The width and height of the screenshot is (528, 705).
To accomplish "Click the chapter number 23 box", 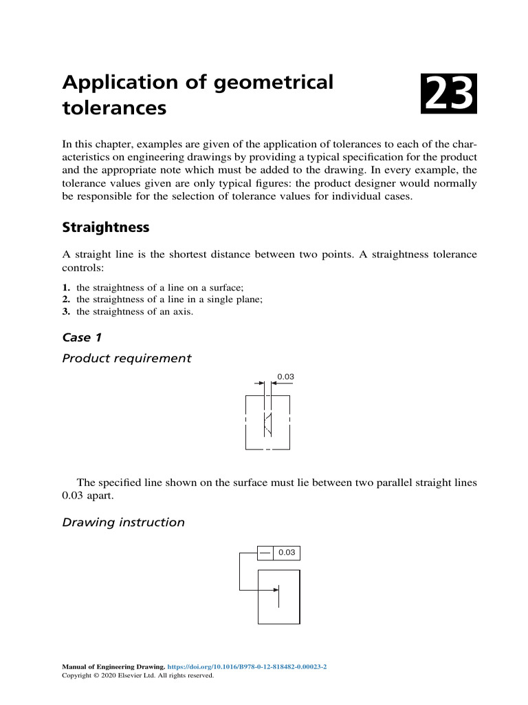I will point(449,95).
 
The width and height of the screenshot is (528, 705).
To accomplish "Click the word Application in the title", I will point(118,83).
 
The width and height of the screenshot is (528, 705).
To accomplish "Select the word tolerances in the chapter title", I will point(114,108).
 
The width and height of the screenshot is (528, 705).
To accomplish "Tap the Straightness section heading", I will point(105,227).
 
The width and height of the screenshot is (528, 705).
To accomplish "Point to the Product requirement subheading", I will point(126,358).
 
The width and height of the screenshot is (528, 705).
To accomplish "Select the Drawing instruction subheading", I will point(123,522).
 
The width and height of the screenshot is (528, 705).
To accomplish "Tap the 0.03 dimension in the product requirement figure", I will point(285,377).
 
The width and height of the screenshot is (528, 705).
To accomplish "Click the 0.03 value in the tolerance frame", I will point(287,553).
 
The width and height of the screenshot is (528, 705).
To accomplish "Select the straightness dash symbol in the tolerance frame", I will point(265,553).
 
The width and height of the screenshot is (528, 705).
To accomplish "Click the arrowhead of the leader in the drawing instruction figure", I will point(276,589).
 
